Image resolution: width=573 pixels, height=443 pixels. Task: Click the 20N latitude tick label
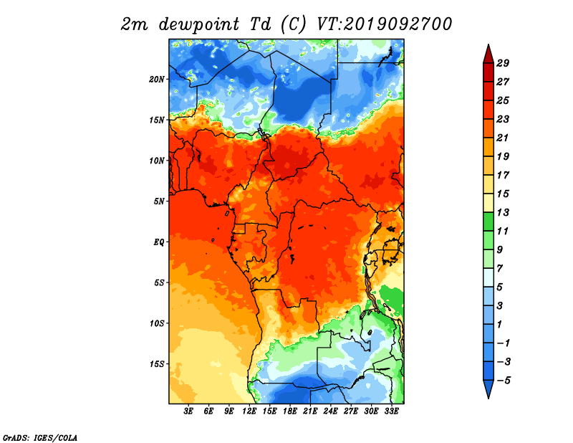(x=157, y=79)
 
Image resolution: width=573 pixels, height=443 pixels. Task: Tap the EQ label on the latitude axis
(x=158, y=242)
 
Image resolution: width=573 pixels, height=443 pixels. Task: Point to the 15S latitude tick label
(x=157, y=363)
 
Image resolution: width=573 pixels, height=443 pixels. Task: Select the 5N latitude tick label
(x=159, y=201)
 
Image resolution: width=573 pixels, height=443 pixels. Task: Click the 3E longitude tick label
(x=188, y=411)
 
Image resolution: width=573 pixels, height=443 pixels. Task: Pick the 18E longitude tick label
(x=290, y=411)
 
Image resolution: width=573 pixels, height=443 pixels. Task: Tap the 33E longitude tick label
(x=391, y=411)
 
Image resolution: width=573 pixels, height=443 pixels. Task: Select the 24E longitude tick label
(x=330, y=411)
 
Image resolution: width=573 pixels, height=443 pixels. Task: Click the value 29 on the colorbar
(x=503, y=63)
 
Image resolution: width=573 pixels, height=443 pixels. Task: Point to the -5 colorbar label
(x=504, y=381)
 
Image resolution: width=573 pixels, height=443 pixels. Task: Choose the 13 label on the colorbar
(x=503, y=212)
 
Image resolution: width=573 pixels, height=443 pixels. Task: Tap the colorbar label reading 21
(x=503, y=138)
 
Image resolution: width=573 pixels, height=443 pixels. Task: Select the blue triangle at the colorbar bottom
(x=488, y=388)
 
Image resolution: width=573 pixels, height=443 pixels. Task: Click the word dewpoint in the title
(x=199, y=24)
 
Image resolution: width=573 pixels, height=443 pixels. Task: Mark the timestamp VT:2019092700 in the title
(x=384, y=24)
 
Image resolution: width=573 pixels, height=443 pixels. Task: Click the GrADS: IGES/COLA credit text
(x=40, y=437)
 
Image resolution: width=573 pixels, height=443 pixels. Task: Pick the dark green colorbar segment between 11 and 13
(x=488, y=221)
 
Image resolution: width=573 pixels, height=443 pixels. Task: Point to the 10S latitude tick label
(x=157, y=323)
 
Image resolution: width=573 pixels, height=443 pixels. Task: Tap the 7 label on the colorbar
(x=499, y=269)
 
